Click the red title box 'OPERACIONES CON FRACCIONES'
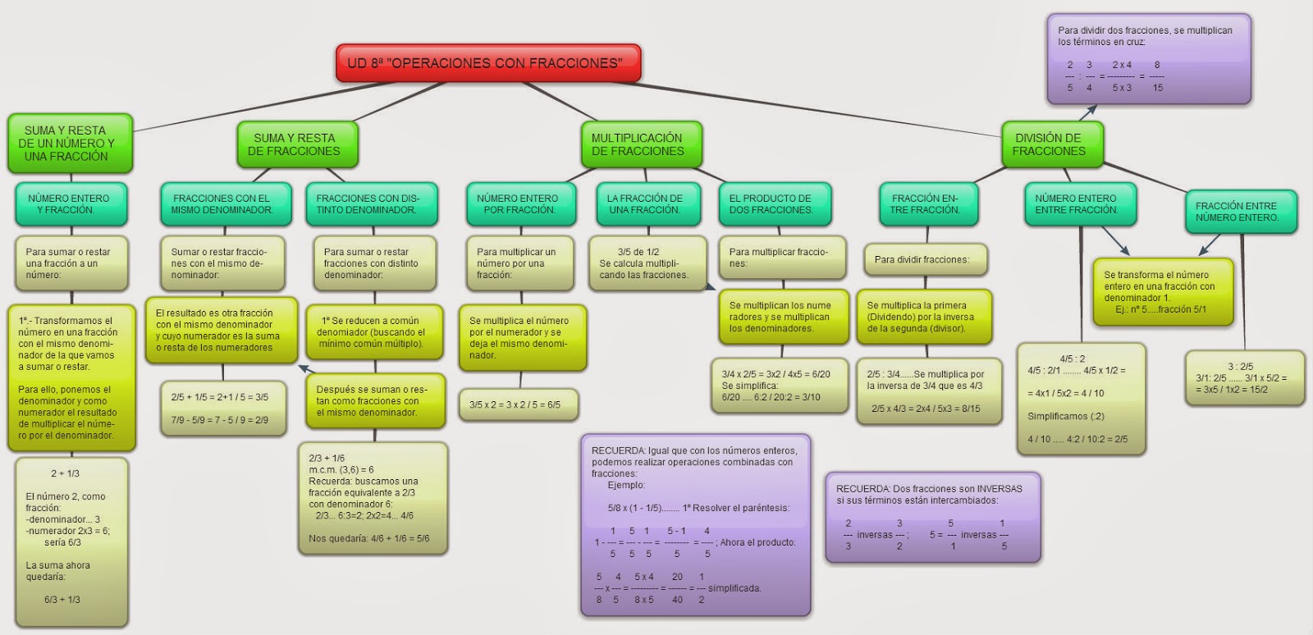point(487,63)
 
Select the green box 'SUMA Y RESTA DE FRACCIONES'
point(294,144)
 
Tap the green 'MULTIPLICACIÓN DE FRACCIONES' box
point(637,144)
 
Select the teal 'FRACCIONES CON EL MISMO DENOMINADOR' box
point(222,203)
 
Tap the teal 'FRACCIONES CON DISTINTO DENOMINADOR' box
point(368,203)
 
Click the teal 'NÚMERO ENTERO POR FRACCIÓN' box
point(517,203)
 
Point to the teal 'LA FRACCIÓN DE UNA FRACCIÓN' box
point(644,203)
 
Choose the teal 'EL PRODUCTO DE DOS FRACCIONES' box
point(771,203)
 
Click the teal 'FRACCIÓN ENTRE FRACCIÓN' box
point(925,203)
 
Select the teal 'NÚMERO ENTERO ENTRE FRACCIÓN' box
point(1076,203)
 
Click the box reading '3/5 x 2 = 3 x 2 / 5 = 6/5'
point(515,404)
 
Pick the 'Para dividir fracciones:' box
point(922,259)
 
